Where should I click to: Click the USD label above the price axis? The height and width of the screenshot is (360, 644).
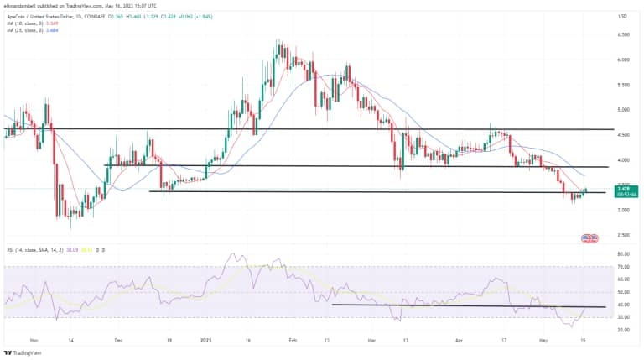coord(622,16)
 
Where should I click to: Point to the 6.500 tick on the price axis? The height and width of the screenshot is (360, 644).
coord(623,35)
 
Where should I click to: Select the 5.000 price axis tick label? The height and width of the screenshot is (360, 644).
coord(623,110)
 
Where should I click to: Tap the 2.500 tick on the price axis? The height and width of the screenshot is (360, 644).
coord(623,235)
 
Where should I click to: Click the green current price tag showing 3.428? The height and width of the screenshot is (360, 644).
coord(625,190)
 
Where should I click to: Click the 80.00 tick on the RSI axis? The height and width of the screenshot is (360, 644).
coord(622,253)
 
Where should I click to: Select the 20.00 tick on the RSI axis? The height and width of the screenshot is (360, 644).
coord(622,330)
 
